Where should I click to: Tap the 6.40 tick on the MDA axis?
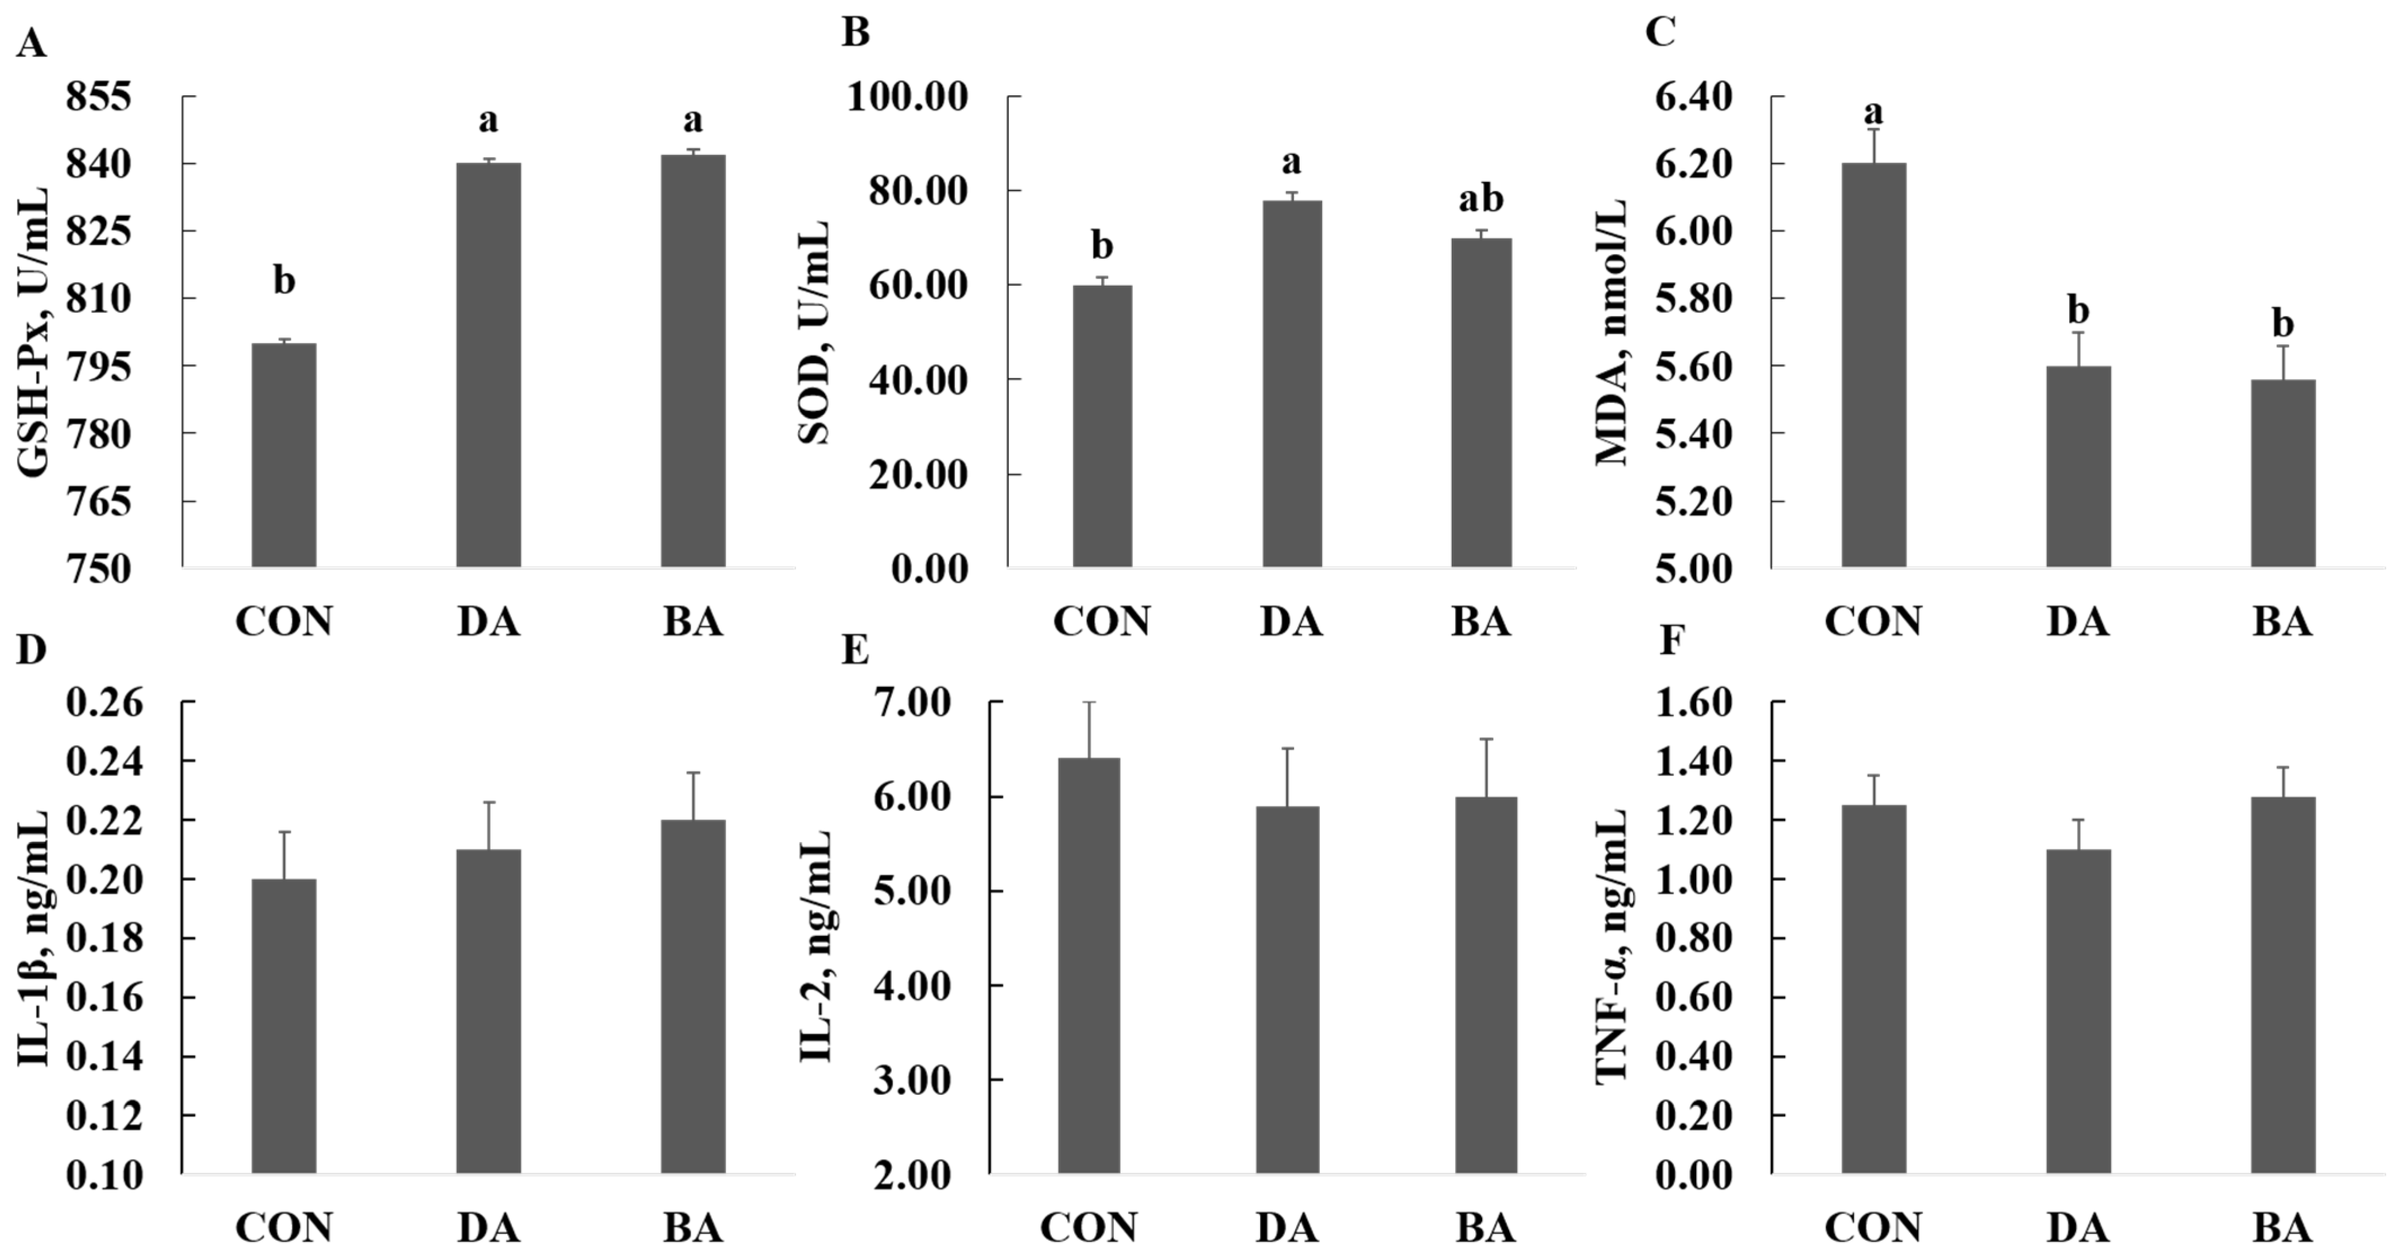coord(1692,97)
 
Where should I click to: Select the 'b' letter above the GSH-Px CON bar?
coord(284,279)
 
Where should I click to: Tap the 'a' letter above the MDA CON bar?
coord(1873,113)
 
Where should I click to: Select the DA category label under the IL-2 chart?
coord(1287,1228)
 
